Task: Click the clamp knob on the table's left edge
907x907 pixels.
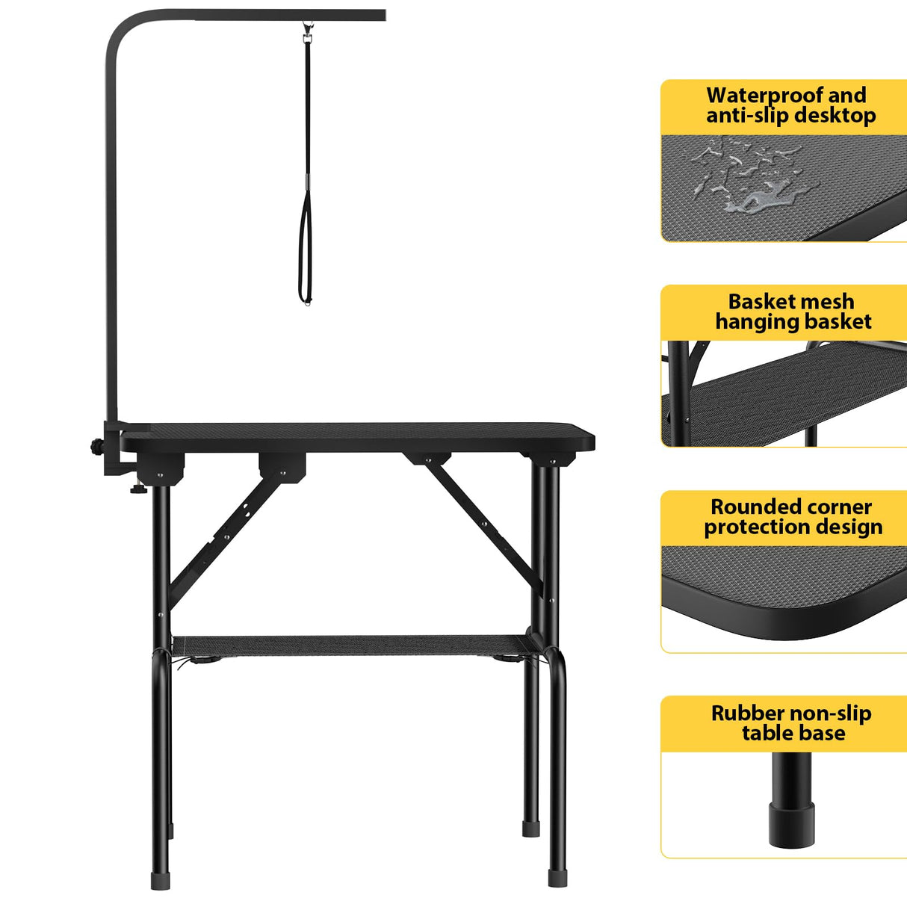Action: tap(95, 447)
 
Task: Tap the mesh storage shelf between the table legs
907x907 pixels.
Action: tap(351, 645)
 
